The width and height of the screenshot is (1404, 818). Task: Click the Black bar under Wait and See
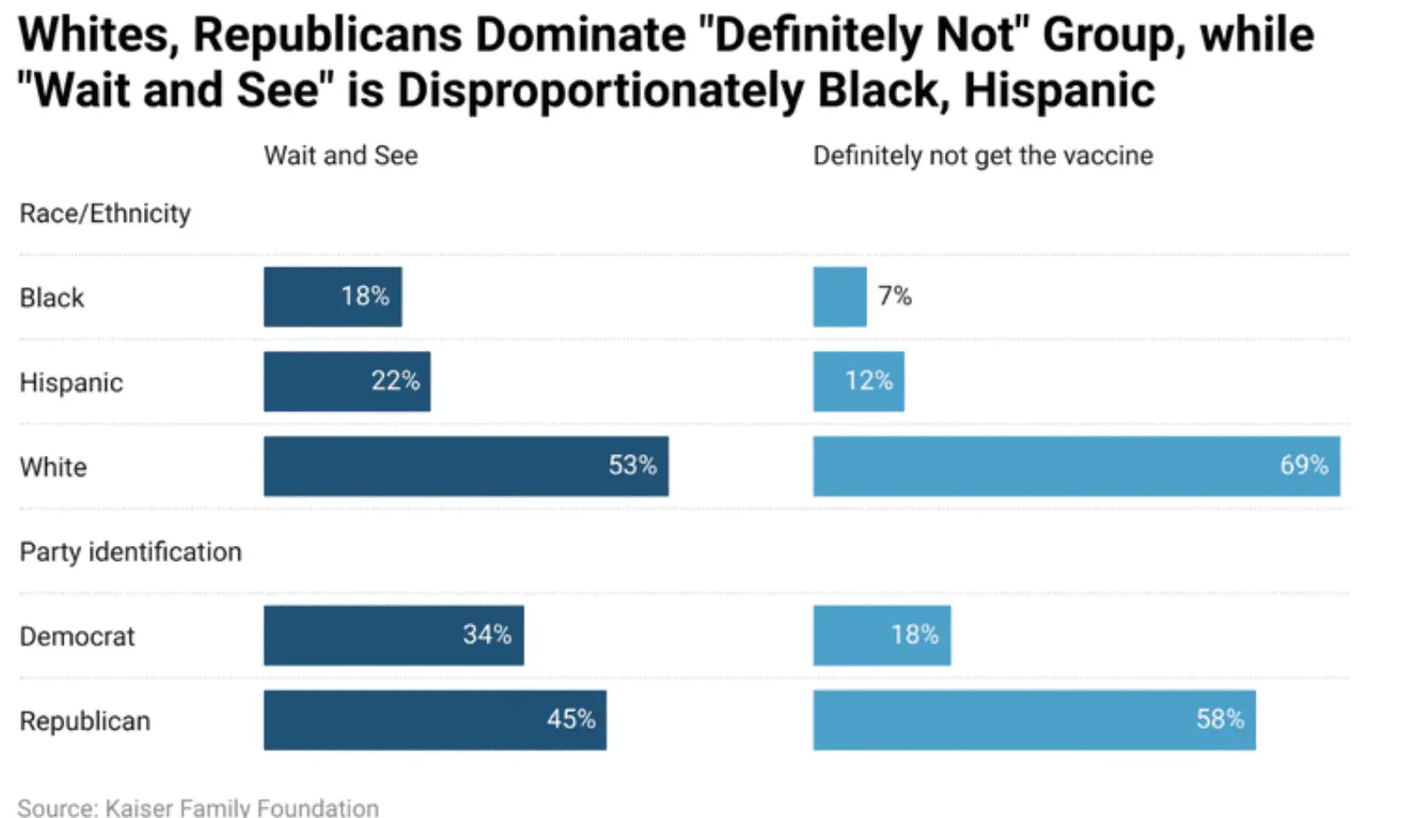coord(332,297)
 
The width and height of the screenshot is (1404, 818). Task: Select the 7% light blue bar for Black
coord(840,297)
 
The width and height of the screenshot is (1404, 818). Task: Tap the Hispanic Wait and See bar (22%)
coord(347,382)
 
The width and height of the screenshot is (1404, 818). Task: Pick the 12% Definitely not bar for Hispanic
coord(858,382)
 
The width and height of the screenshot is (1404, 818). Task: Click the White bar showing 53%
coord(465,466)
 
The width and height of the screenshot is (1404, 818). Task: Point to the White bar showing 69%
coord(1076,466)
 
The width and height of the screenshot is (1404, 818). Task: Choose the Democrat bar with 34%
coord(393,635)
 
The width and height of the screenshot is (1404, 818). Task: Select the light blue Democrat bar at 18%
coord(881,635)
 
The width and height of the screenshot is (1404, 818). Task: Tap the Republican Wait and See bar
coord(434,720)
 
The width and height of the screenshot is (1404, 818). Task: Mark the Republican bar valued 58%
coord(1034,720)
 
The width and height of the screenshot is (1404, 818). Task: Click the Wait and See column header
coord(341,155)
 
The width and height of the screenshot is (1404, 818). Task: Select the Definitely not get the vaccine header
coord(983,155)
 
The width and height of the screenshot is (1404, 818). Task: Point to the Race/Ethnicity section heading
coord(105,214)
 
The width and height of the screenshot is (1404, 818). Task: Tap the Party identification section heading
coord(131,552)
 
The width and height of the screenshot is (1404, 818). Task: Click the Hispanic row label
coord(72,382)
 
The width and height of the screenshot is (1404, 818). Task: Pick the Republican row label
coord(85,721)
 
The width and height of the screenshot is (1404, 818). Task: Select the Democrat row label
coord(78,636)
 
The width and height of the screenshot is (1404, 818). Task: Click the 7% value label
coord(894,296)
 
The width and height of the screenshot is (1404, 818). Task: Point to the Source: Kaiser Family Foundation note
coord(198,807)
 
